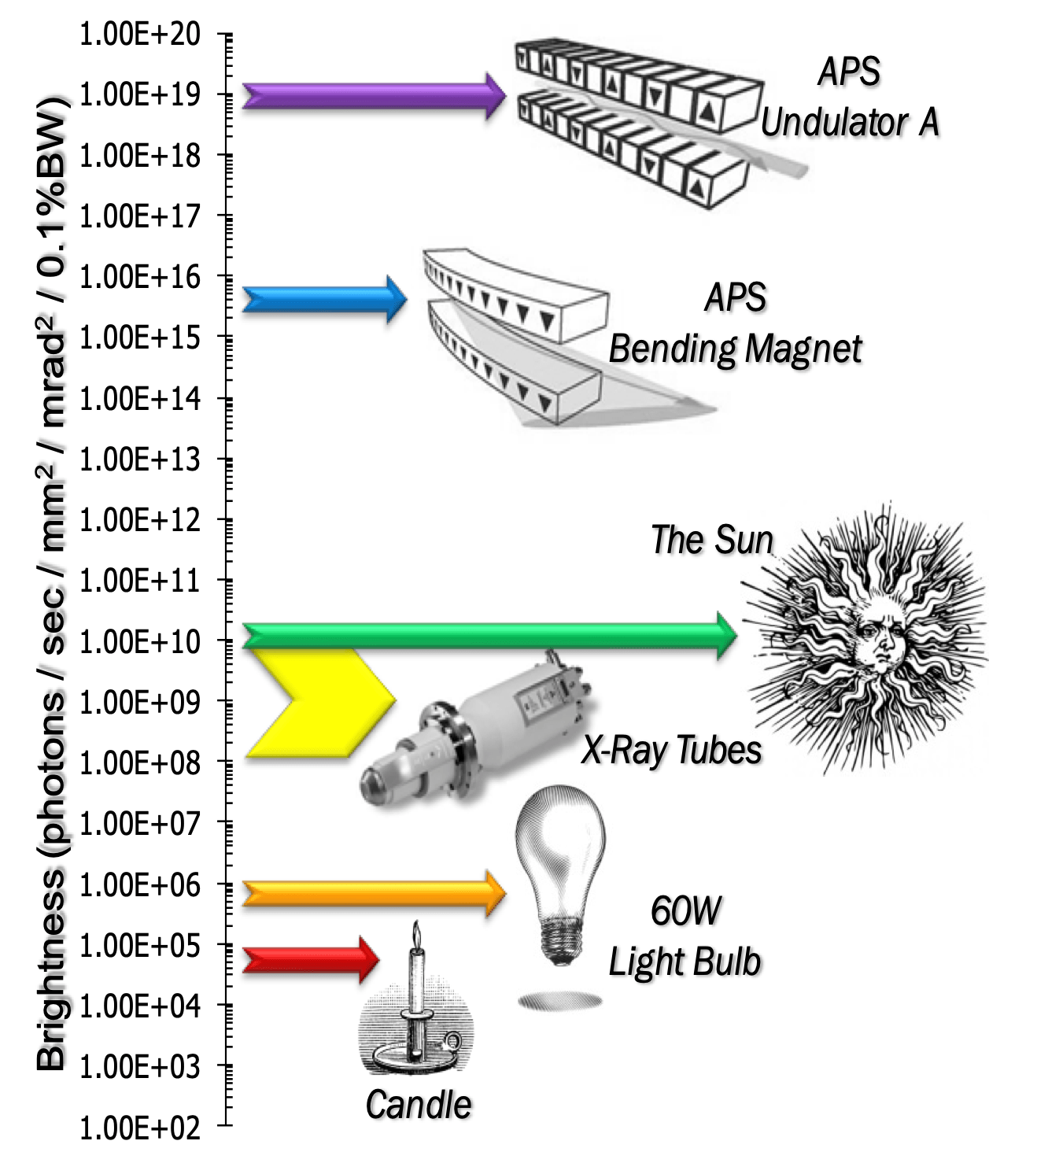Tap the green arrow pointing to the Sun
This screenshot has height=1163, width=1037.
click(488, 635)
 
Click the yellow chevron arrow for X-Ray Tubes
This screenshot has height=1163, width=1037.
click(315, 703)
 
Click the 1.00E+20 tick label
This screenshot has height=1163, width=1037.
click(140, 35)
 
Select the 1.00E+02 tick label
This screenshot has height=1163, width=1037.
click(140, 1128)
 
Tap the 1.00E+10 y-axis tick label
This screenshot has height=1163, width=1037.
click(140, 642)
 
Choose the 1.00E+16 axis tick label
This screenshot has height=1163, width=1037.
click(140, 277)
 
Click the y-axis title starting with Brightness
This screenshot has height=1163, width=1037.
click(52, 582)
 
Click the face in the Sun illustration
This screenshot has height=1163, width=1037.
click(879, 636)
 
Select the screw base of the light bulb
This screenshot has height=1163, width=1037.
click(560, 940)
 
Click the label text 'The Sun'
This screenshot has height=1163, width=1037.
click(712, 541)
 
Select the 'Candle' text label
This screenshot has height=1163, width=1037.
click(419, 1105)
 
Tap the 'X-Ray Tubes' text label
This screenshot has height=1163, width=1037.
click(671, 750)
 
